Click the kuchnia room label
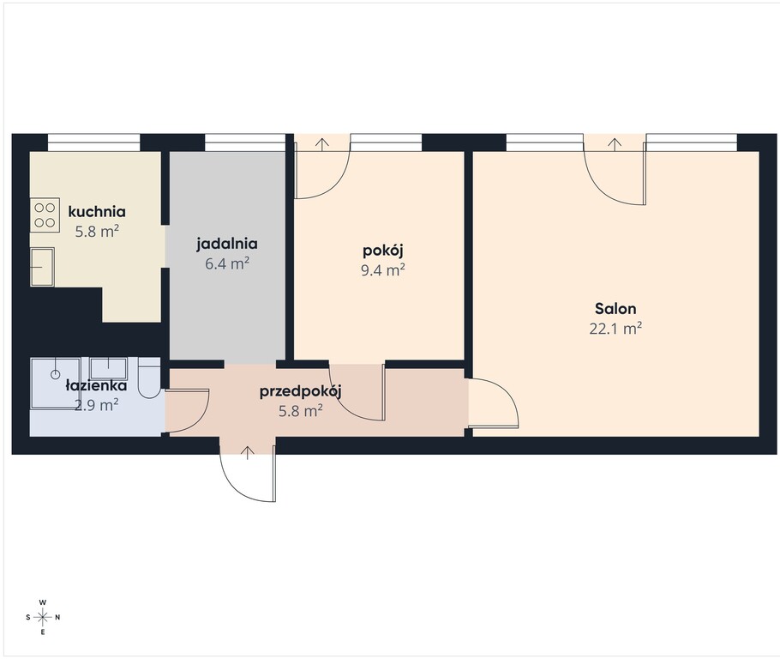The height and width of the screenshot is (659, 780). [x=97, y=211]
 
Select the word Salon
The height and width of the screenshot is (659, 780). [x=615, y=309]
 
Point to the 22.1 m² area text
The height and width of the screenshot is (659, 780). [x=615, y=328]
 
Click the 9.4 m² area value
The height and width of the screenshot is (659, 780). [x=382, y=269]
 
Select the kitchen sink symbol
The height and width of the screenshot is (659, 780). [x=42, y=267]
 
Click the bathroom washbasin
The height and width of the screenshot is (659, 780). [x=109, y=369]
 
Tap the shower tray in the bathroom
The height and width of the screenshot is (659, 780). [x=56, y=384]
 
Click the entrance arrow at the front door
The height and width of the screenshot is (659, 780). [x=249, y=452]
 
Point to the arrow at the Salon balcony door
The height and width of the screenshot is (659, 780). [x=615, y=143]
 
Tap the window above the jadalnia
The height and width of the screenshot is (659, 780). [x=245, y=142]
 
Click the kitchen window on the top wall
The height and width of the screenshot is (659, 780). [x=93, y=142]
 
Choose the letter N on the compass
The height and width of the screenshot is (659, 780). [x=57, y=617]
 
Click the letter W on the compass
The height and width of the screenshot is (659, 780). [x=43, y=602]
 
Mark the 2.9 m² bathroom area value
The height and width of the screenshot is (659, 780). [x=96, y=405]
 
